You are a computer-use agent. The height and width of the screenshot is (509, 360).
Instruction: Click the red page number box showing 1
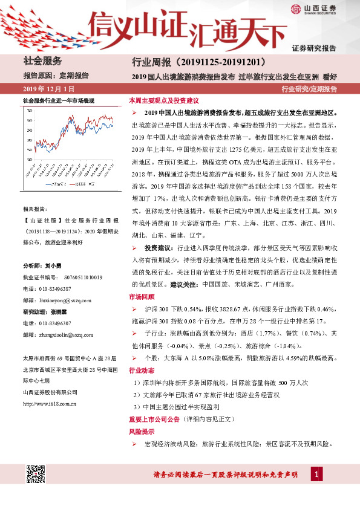315,475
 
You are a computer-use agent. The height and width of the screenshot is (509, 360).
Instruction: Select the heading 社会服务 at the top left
42,60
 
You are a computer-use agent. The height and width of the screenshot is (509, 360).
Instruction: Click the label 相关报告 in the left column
38,207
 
